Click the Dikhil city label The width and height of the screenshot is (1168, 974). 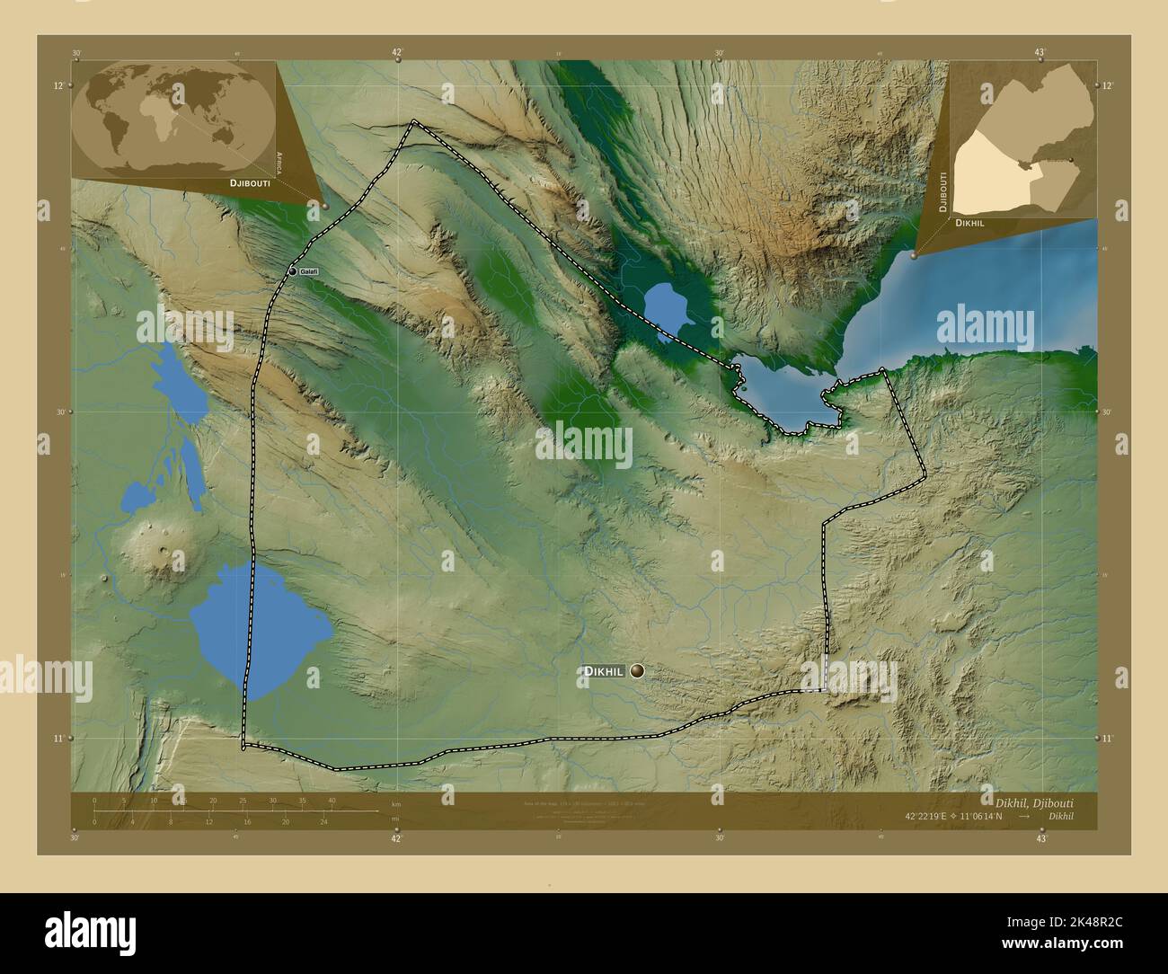click(x=605, y=671)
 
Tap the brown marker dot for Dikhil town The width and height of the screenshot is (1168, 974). click(x=638, y=670)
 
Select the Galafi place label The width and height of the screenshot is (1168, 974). click(x=309, y=271)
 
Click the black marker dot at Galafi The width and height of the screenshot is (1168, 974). click(x=292, y=271)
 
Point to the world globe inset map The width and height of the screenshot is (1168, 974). click(x=173, y=116)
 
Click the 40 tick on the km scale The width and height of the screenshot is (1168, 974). click(x=332, y=801)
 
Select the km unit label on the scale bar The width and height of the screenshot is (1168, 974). click(x=394, y=804)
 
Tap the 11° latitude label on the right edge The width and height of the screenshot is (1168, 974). click(x=1107, y=739)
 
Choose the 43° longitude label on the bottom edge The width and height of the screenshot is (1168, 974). click(x=1040, y=838)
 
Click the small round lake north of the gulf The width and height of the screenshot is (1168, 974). click(x=667, y=302)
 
